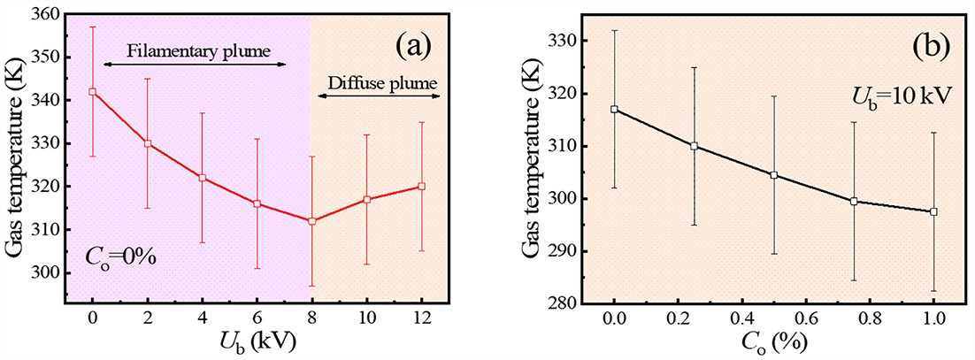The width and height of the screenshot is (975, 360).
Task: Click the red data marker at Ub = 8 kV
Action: point(311,220)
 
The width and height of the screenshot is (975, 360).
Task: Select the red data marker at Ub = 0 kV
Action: point(92,91)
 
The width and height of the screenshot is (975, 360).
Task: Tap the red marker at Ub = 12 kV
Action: point(421,186)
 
